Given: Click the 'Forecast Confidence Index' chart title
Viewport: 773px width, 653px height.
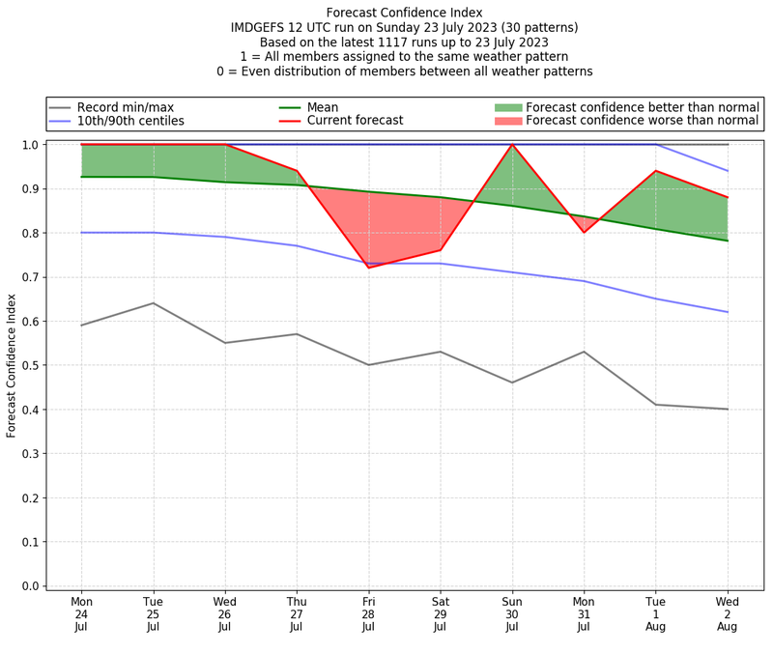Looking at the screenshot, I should click(405, 13).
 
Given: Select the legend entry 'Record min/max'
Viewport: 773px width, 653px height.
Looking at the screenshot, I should click(125, 106).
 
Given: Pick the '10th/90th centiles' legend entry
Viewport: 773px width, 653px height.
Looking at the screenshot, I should click(130, 121).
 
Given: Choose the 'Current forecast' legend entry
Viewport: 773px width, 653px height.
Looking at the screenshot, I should click(355, 121).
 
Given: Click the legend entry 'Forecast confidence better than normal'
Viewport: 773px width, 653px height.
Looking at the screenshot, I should click(643, 106).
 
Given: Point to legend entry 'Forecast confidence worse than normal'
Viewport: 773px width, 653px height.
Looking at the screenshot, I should click(643, 121).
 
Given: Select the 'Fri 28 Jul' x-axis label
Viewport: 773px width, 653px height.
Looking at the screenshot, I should click(368, 613).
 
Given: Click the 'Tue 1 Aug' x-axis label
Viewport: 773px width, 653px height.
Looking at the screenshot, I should click(656, 613).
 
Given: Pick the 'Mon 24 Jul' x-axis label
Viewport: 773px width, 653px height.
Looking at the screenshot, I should click(81, 613).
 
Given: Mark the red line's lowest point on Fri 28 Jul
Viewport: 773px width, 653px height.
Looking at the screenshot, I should click(368, 268).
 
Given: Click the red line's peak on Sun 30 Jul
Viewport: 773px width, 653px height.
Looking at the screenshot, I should click(512, 145).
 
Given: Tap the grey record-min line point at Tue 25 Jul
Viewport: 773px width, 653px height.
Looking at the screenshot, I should click(153, 303).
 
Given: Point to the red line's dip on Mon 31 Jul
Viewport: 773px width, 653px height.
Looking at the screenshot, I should click(584, 232).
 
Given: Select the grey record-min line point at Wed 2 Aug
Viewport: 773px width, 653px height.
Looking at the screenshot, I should click(728, 409).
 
